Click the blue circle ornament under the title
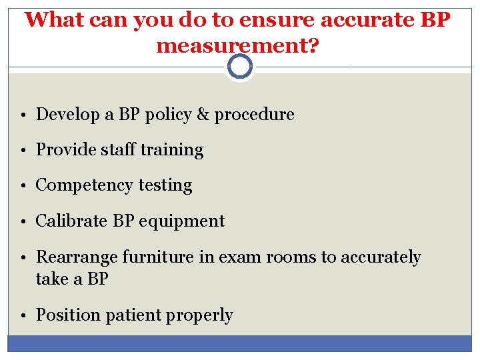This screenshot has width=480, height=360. click(x=239, y=67)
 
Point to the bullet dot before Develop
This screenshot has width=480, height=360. click(x=23, y=115)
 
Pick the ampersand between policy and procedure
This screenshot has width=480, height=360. click(x=203, y=115)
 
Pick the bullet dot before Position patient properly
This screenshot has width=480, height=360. click(x=23, y=316)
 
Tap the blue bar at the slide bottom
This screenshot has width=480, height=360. click(x=239, y=343)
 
